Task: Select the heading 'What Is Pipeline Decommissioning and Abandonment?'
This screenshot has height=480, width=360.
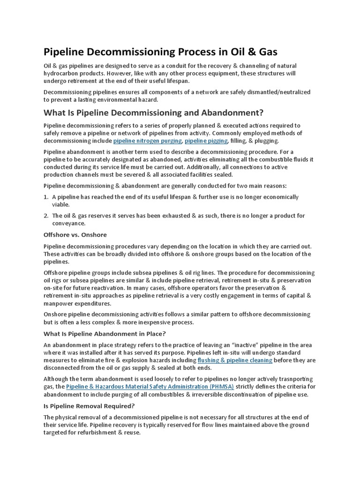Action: point(154,113)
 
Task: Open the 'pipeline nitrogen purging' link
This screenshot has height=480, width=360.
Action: point(147,141)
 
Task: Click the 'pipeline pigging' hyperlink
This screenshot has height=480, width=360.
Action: point(206,141)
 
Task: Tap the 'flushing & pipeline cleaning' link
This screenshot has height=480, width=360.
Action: point(235,360)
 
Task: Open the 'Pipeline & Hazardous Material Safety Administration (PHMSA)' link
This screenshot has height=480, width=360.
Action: point(150,387)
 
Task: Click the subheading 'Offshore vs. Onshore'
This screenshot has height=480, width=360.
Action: point(75,234)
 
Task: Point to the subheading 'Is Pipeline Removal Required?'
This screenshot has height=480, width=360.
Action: point(90,406)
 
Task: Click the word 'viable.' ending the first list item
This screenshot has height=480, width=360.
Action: point(60,205)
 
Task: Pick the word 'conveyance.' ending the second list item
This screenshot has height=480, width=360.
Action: point(68,224)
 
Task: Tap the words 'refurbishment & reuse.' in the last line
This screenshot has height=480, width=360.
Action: point(107,433)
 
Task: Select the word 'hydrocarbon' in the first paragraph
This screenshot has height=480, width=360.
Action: point(61,74)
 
